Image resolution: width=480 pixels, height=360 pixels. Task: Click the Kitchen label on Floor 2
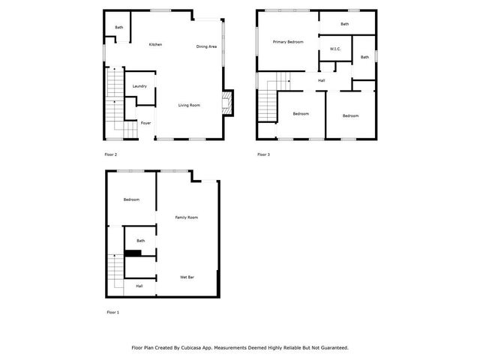[x=155, y=45]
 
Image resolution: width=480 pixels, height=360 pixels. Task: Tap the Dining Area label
[x=207, y=47]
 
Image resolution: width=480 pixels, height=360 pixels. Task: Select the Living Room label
[x=189, y=105]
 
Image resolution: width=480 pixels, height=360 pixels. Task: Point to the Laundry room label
[x=139, y=86]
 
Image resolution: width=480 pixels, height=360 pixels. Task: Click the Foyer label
[x=145, y=123]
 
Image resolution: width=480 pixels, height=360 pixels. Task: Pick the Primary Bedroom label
[x=288, y=42]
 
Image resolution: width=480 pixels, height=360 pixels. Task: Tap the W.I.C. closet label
[x=335, y=49]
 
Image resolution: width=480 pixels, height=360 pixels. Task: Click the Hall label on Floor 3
[x=321, y=80]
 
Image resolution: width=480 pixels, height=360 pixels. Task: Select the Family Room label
[x=186, y=217]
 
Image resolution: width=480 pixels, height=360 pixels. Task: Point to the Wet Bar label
[x=187, y=277]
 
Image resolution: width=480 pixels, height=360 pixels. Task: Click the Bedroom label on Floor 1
[x=132, y=199]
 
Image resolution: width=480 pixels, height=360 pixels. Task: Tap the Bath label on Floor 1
[x=140, y=241]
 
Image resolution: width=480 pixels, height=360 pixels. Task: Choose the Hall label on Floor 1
[x=139, y=286]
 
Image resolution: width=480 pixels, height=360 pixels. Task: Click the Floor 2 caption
[x=110, y=154]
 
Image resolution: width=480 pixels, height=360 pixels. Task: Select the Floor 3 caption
[x=263, y=154]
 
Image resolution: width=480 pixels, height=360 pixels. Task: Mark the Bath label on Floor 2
[x=118, y=28]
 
